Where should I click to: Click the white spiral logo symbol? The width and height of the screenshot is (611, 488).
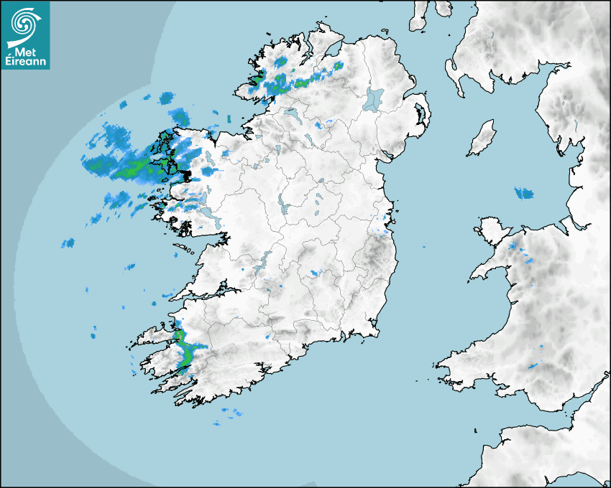(x=24, y=24)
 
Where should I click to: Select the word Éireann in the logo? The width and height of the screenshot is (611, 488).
(x=26, y=61)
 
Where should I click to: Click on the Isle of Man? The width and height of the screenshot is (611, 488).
(x=482, y=138)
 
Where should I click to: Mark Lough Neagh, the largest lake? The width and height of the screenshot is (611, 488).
(x=374, y=99)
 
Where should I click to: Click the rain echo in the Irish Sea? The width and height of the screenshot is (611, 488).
(x=525, y=192)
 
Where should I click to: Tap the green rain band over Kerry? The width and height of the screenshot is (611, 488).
(x=185, y=352)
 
